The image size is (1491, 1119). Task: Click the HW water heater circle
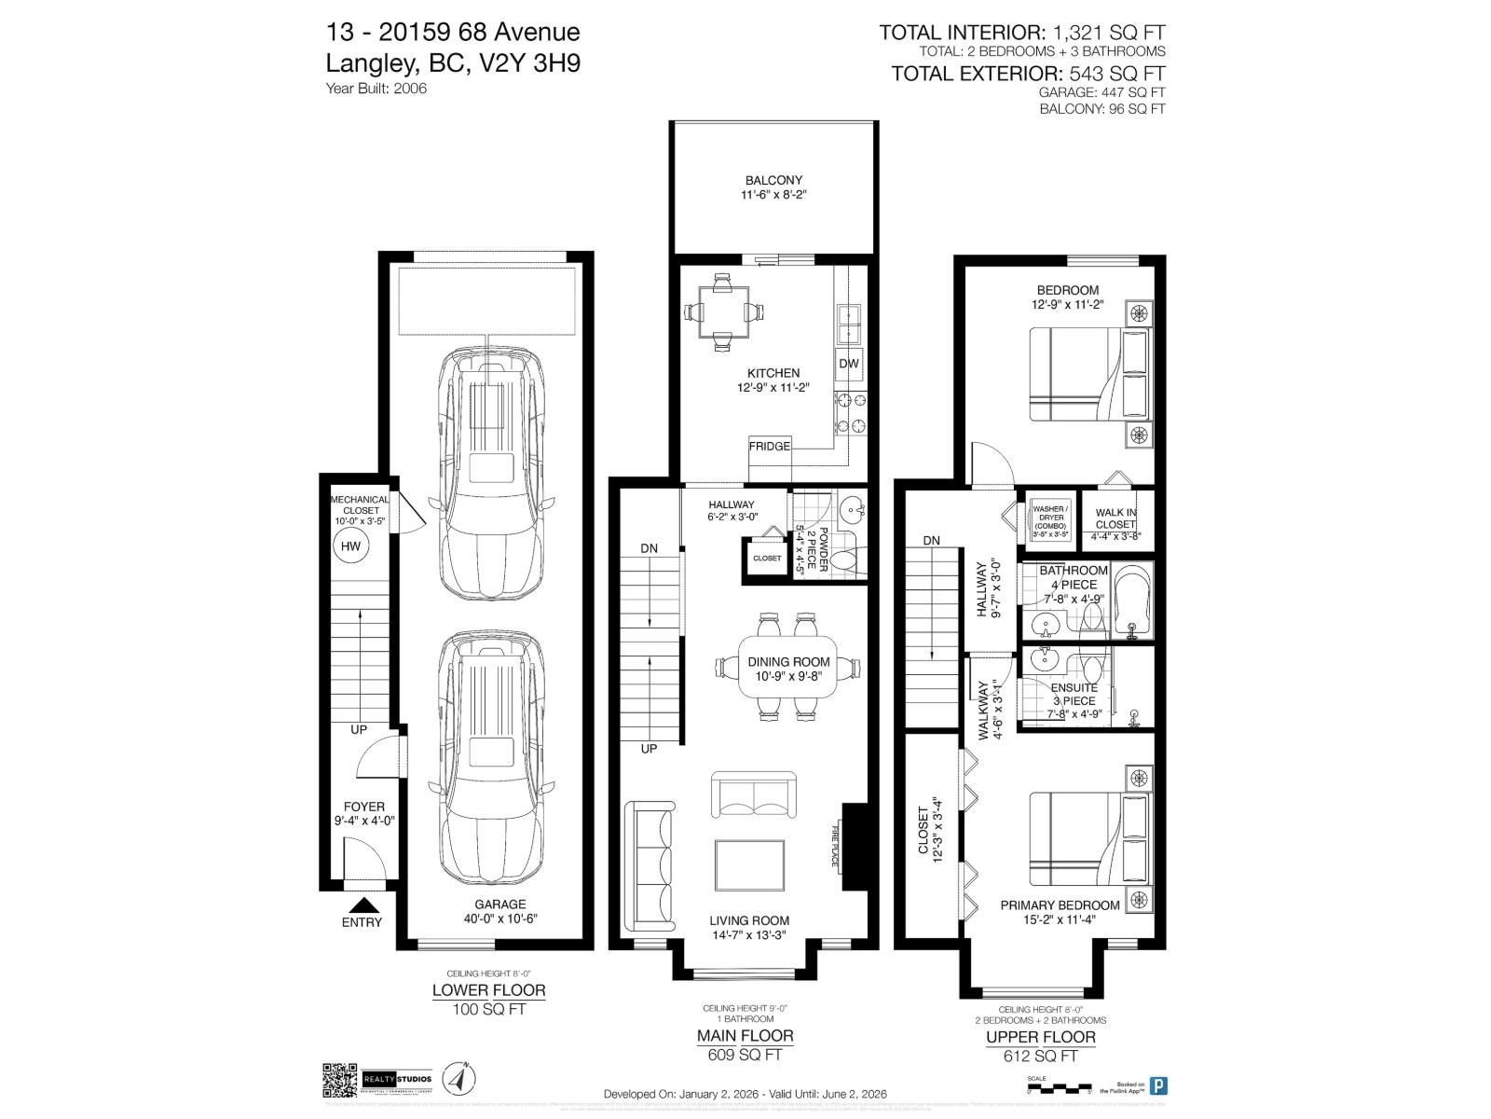(x=350, y=547)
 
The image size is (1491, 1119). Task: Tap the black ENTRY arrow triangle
(x=362, y=905)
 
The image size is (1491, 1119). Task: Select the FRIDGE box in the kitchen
(x=770, y=446)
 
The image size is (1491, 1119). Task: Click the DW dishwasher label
(x=848, y=364)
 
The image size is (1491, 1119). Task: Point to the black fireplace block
(x=855, y=847)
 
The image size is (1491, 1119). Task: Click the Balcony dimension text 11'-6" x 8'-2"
(x=773, y=196)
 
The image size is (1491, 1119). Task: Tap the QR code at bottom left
(x=339, y=1080)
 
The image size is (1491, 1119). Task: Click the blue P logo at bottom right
(x=1158, y=1085)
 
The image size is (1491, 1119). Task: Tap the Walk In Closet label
(x=1115, y=518)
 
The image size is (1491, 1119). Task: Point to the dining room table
(x=788, y=667)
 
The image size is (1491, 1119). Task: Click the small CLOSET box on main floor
(x=767, y=559)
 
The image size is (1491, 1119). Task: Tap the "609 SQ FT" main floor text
(x=745, y=1055)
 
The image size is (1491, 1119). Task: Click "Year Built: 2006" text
(x=376, y=89)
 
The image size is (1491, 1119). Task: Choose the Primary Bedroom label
(x=1060, y=905)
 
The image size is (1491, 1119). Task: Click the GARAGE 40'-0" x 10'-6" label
(x=499, y=911)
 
